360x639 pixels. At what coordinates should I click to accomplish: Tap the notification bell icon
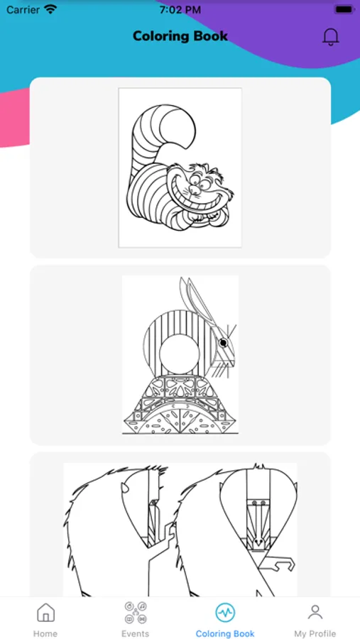point(331,37)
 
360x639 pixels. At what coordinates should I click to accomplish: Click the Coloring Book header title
point(180,36)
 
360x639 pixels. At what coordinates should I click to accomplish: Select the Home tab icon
point(45,612)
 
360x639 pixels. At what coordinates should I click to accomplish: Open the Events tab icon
point(136,612)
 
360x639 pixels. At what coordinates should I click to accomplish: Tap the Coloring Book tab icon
point(225,612)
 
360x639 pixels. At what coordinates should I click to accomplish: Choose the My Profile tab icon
point(315,612)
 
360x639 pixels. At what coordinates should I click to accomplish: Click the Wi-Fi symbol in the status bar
point(51,9)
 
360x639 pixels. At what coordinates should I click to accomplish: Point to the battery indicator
point(344,9)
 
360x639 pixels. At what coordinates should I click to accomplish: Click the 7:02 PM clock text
point(180,10)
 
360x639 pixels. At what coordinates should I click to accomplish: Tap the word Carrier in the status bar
point(23,10)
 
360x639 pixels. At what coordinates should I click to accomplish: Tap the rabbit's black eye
point(223,343)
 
